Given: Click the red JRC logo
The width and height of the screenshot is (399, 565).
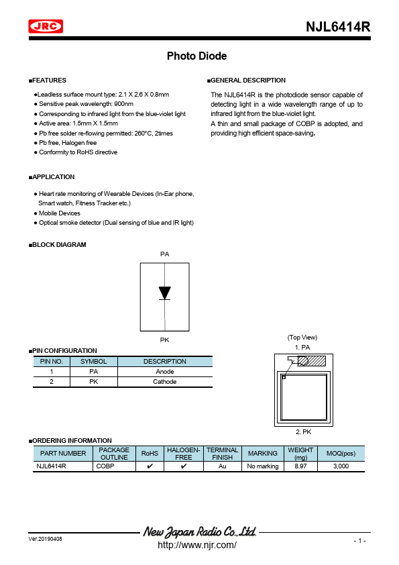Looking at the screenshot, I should (x=46, y=26).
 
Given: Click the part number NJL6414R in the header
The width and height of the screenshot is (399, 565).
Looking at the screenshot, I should (x=338, y=27).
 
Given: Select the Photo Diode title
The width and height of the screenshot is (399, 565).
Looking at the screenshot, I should (x=196, y=56).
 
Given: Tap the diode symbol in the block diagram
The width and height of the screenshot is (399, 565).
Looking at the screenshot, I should (x=164, y=293).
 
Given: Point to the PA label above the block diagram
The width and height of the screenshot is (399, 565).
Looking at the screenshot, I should (x=164, y=254).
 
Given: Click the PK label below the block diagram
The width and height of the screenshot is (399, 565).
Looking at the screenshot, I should (x=164, y=341).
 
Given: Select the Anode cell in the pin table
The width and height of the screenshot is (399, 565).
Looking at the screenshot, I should (x=165, y=372).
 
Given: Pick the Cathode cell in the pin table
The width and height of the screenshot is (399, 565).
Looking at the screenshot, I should (x=165, y=382).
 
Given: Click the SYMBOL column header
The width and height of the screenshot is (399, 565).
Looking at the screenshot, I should (x=93, y=362).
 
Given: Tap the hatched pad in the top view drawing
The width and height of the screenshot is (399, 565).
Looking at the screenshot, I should (x=312, y=361).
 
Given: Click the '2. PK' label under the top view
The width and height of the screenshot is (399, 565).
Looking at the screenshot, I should (x=302, y=433).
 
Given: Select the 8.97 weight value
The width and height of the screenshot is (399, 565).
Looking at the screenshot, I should (x=300, y=466).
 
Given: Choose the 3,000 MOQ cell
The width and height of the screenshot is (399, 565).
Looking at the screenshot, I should (x=341, y=466).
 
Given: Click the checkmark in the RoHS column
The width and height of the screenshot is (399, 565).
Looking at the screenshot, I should (x=150, y=466).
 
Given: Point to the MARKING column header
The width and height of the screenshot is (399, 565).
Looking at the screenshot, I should (x=262, y=454).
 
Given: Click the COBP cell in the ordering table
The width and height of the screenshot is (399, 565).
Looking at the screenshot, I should (x=105, y=466).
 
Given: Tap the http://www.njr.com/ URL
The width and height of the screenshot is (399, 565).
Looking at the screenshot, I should (x=196, y=546).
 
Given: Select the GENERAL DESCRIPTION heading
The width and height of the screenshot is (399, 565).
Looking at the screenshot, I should (x=248, y=81).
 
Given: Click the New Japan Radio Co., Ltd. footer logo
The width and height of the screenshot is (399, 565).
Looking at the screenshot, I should (x=200, y=532).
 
